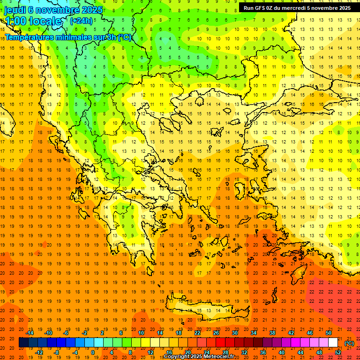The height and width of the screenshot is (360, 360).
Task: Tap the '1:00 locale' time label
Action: pos(33,21)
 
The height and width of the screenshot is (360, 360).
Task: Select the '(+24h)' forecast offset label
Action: pos(81,21)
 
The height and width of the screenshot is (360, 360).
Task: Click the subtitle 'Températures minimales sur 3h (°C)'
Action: pos(68,37)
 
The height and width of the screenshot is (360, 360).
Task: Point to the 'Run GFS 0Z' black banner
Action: pos(297,8)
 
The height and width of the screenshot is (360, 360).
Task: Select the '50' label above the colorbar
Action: pos(329,333)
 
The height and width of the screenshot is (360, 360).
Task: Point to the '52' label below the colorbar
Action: pos(338,352)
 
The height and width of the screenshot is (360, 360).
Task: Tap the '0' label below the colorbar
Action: pos(92,352)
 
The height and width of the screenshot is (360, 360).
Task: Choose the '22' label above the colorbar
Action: pos(197,333)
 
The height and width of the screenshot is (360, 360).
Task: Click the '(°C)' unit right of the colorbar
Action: pos(349,343)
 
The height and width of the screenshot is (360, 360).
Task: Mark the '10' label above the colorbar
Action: pos(141,333)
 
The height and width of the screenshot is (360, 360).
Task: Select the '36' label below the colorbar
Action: pos(263,352)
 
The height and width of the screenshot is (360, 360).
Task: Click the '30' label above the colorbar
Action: pos(235,333)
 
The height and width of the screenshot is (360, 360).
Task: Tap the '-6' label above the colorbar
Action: pos(66,333)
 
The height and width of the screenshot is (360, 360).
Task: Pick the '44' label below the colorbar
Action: pos(300,352)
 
